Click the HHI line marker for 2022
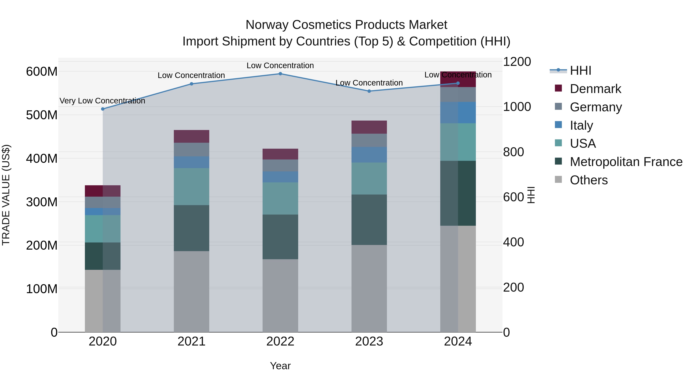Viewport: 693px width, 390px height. pyautogui.click(x=280, y=74)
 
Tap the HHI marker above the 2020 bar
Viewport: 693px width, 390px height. pyautogui.click(x=103, y=109)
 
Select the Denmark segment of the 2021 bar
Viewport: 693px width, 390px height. pyautogui.click(x=191, y=137)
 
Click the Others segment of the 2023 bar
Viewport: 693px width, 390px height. pyautogui.click(x=369, y=288)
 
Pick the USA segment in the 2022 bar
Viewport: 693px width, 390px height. pyautogui.click(x=280, y=198)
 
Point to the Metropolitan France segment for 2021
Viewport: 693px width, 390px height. pyautogui.click(x=191, y=228)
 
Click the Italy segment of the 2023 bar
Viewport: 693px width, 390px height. pyautogui.click(x=369, y=155)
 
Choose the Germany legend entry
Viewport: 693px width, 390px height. pyautogui.click(x=596, y=107)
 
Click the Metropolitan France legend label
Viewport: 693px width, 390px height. pyautogui.click(x=626, y=162)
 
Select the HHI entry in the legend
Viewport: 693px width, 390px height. pyautogui.click(x=580, y=70)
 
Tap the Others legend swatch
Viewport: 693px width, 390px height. pyautogui.click(x=558, y=179)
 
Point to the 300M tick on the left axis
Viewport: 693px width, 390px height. pyautogui.click(x=42, y=202)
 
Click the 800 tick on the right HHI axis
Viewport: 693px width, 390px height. pyautogui.click(x=513, y=152)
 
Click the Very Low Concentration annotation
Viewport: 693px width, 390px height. pyautogui.click(x=102, y=101)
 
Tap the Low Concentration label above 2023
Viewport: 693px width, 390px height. pyautogui.click(x=369, y=83)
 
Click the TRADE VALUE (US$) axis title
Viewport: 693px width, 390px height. pyautogui.click(x=6, y=195)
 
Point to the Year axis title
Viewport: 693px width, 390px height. pyautogui.click(x=280, y=366)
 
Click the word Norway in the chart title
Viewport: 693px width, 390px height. pyautogui.click(x=267, y=25)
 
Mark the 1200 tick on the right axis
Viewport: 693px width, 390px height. pyautogui.click(x=516, y=62)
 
